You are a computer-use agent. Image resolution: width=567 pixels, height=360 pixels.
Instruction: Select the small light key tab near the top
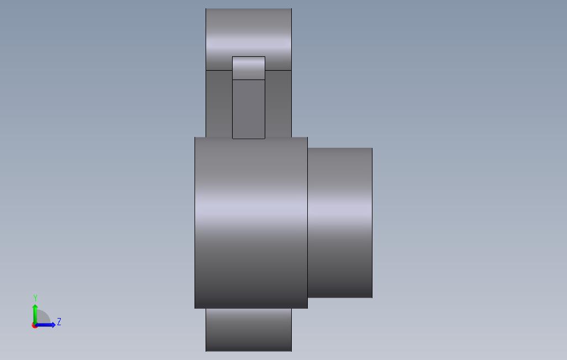[249, 68]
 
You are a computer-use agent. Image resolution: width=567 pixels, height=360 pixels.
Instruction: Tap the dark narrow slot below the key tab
[249, 109]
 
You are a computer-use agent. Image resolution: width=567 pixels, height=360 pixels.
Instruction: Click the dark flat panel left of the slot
[219, 104]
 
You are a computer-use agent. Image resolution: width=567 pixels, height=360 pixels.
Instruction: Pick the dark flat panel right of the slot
[278, 104]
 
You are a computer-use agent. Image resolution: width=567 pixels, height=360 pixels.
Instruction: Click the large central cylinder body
[251, 223]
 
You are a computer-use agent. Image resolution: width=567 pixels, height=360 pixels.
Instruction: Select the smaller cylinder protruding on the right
[340, 223]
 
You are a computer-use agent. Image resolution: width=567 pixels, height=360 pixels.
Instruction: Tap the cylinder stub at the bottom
[249, 330]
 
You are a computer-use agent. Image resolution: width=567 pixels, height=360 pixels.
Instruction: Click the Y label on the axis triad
[35, 298]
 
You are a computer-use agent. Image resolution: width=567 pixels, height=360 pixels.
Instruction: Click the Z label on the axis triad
[59, 322]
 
